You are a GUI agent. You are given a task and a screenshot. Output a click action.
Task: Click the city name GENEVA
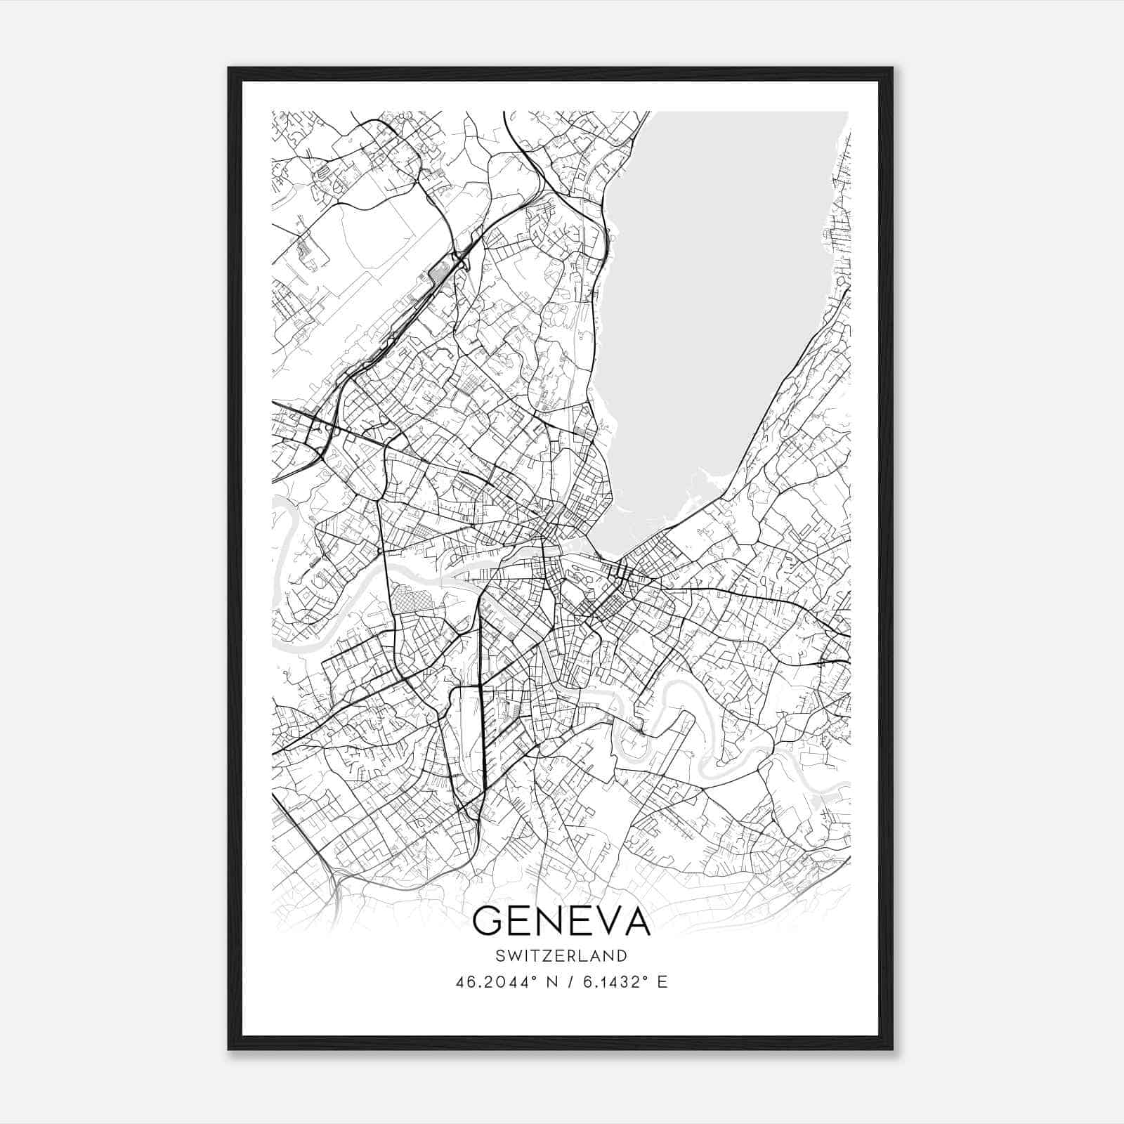pos(561,921)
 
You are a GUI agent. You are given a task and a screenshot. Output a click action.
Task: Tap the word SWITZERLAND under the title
pos(561,955)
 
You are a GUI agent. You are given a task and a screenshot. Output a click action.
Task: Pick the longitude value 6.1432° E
pos(619,982)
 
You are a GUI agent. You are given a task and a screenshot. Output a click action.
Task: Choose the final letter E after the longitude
pos(662,982)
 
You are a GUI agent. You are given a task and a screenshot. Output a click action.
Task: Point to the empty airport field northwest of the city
pos(365,253)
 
